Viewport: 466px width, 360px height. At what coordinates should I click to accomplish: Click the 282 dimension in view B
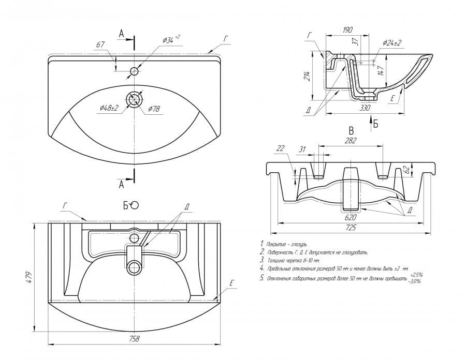pyautogui.click(x=352, y=141)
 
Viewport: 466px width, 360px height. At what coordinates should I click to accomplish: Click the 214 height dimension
pyautogui.click(x=307, y=76)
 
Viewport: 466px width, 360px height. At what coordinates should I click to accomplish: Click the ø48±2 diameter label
pyautogui.click(x=109, y=108)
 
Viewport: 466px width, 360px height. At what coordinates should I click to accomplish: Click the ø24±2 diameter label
pyautogui.click(x=392, y=43)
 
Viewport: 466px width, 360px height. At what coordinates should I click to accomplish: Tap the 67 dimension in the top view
pyautogui.click(x=100, y=45)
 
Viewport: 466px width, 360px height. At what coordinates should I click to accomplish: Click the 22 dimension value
pyautogui.click(x=281, y=148)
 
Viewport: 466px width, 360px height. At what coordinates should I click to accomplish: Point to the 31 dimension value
pyautogui.click(x=301, y=150)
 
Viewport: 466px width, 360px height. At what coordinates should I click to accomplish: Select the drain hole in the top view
pyautogui.click(x=135, y=99)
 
